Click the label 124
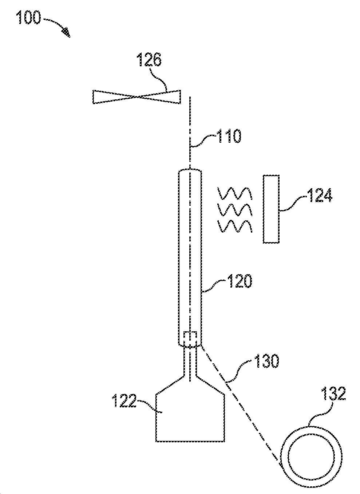pyautogui.click(x=319, y=195)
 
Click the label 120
pyautogui.click(x=239, y=281)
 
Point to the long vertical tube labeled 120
pyautogui.click(x=190, y=255)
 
